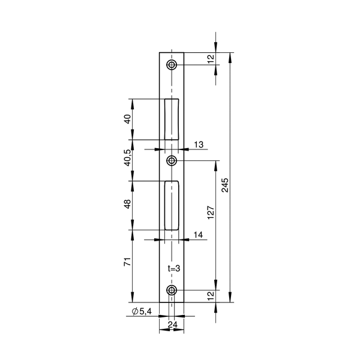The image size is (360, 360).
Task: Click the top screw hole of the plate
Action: (172, 65)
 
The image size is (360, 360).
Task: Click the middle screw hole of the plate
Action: (172, 160)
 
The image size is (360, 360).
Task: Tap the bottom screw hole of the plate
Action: (172, 290)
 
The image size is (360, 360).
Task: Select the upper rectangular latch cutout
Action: (172, 119)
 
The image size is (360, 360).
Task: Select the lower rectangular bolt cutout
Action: (172, 205)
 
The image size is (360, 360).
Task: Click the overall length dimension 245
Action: (225, 185)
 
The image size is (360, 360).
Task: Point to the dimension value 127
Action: (211, 212)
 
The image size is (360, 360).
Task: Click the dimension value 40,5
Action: (127, 157)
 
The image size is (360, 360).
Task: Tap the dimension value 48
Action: (127, 204)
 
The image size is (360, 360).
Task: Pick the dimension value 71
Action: (127, 262)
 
